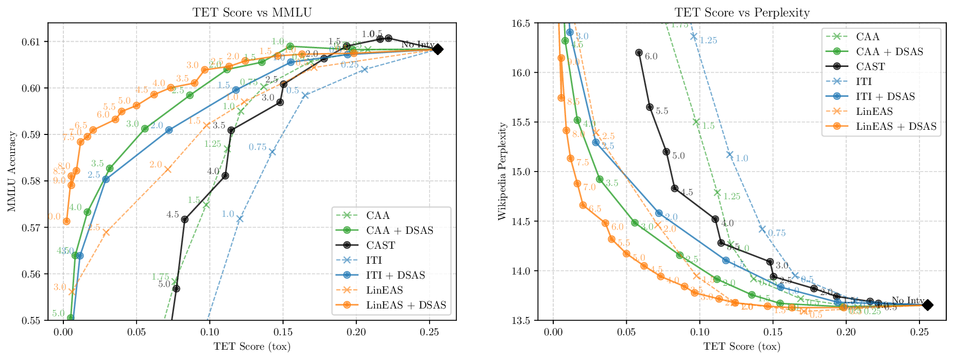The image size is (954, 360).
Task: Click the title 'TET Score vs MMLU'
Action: click(x=252, y=12)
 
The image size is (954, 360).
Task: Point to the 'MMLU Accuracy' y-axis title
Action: click(x=11, y=172)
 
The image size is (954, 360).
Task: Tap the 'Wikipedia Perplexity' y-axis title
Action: click(x=502, y=172)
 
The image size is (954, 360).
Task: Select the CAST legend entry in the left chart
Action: click(x=381, y=245)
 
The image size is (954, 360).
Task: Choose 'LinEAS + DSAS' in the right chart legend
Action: click(x=896, y=126)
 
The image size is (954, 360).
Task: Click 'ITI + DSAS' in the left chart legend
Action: click(x=395, y=275)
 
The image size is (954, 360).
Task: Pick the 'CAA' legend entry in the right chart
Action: click(x=867, y=37)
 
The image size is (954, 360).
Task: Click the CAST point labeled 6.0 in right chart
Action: click(x=639, y=53)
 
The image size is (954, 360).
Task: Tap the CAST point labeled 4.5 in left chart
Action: click(x=185, y=219)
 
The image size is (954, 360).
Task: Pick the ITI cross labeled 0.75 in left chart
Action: click(x=272, y=152)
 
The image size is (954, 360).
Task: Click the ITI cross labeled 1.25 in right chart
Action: click(x=693, y=36)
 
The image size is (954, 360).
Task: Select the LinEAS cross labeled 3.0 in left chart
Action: click(x=72, y=292)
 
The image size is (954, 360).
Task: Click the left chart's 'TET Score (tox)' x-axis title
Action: click(x=252, y=347)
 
